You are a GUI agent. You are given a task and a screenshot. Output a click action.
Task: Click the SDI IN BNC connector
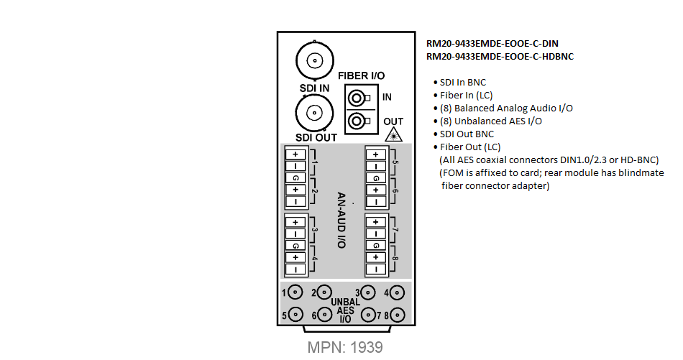(315, 60)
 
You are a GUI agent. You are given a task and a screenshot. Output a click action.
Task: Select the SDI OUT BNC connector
(314, 114)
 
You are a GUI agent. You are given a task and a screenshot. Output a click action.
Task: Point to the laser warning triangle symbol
(394, 135)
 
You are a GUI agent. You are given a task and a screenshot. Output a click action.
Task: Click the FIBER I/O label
(361, 75)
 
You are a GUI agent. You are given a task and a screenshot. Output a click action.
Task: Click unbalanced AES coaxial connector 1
(295, 292)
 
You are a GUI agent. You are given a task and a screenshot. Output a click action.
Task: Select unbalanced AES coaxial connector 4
(397, 292)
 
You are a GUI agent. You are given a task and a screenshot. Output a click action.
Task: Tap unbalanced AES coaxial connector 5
(295, 314)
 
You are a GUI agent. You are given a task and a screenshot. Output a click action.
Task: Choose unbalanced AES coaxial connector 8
(397, 315)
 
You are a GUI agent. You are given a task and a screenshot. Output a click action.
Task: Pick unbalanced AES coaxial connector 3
(368, 292)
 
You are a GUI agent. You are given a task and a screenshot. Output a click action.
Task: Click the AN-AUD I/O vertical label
(341, 221)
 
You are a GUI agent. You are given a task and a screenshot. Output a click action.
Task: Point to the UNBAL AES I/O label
(345, 310)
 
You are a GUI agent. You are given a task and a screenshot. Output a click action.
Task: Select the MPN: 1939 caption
(345, 347)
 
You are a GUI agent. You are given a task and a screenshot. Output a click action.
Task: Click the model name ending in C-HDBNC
(500, 57)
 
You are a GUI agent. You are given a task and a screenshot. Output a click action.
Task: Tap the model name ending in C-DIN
(492, 44)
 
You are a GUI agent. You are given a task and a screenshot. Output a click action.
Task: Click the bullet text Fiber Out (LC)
(470, 147)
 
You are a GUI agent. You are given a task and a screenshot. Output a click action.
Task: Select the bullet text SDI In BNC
(462, 82)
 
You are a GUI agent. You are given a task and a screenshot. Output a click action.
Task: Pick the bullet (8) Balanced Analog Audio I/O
(506, 109)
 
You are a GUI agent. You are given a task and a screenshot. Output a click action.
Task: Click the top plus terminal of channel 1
(295, 154)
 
